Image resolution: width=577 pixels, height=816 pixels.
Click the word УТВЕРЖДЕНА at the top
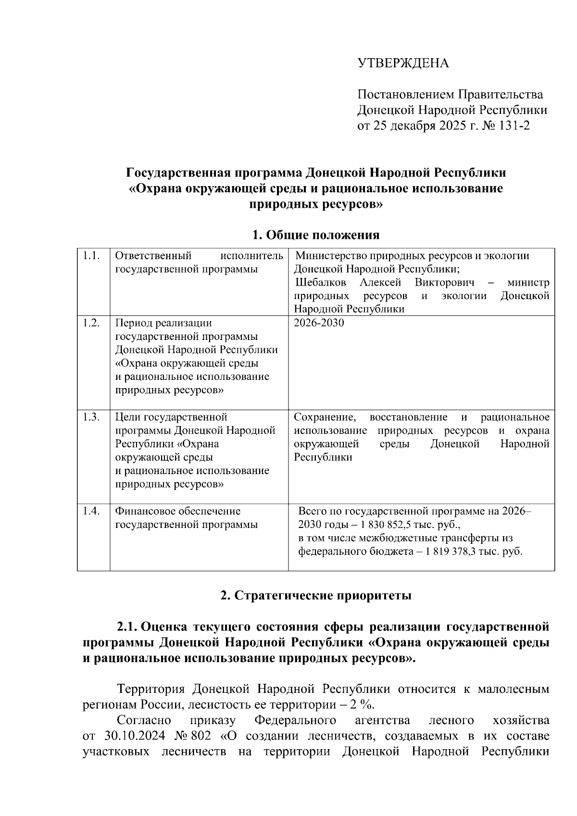click(403, 63)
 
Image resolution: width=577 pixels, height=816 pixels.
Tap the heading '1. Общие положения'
click(316, 235)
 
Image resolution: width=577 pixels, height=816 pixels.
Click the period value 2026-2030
click(319, 323)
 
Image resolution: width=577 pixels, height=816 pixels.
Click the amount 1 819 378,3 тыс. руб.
click(473, 552)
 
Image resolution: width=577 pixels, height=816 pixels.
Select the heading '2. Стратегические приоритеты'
click(316, 596)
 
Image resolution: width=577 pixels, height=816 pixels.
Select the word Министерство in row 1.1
click(329, 256)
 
